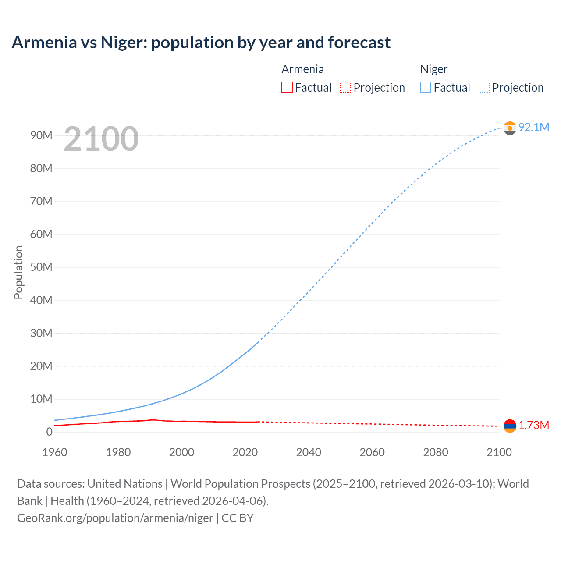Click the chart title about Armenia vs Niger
pos(201,43)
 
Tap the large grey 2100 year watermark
pos(101,139)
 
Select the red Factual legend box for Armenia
pos(287,87)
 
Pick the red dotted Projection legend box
pos(345,87)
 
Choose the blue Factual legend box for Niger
pos(426,87)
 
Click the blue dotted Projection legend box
pos(484,87)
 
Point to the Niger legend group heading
pos(433,69)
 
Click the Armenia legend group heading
pos(302,69)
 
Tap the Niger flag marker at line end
pos(510,128)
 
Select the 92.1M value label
pos(533,127)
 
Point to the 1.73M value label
pos(534,426)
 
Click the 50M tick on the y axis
pos(41,267)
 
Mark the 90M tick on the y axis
pos(41,135)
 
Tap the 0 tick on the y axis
pos(49,432)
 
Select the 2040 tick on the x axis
pos(309,452)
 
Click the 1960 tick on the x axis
pos(55,452)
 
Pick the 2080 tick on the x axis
pos(436,452)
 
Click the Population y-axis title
pos(18,272)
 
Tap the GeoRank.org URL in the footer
pos(115,518)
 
